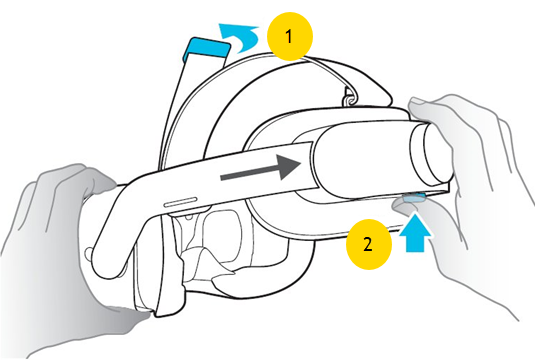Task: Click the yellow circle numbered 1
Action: (x=290, y=37)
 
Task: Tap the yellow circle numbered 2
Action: (x=369, y=244)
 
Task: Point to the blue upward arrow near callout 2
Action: (x=415, y=232)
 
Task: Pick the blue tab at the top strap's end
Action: (x=205, y=49)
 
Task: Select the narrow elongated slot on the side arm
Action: (x=180, y=202)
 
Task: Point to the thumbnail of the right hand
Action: (x=418, y=101)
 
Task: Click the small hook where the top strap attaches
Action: (x=348, y=98)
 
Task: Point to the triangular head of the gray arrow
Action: (x=289, y=167)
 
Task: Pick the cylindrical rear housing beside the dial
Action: (x=362, y=160)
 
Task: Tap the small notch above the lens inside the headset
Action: (x=188, y=216)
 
